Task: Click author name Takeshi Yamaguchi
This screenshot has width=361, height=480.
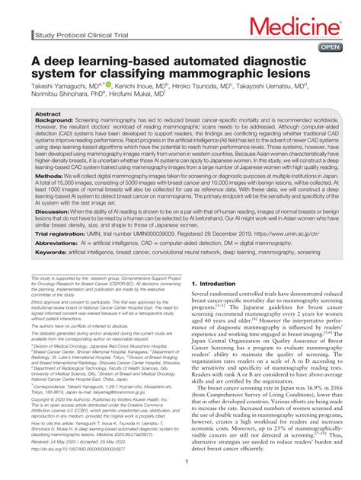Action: pyautogui.click(x=59, y=88)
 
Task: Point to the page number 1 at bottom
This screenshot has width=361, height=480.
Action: pyautogui.click(x=186, y=462)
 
